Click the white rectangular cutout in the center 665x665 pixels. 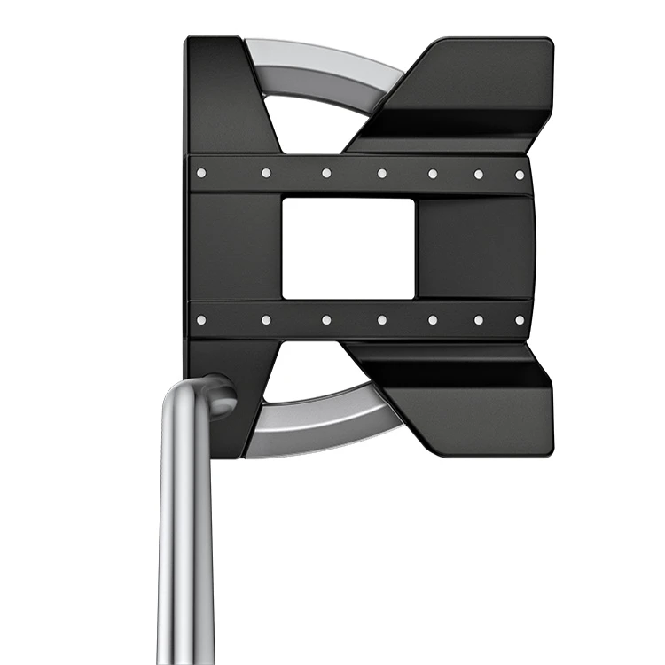coord(348,248)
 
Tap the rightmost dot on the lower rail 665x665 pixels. coord(520,319)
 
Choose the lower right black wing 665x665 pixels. coord(461,399)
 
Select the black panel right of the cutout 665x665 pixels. coord(474,248)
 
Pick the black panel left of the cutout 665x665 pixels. coord(235,248)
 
